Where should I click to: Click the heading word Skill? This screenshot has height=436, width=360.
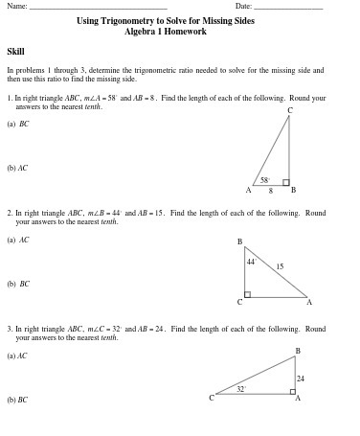click(15, 52)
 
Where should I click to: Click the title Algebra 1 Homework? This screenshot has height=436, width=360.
click(166, 32)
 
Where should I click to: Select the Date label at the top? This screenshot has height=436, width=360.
click(243, 7)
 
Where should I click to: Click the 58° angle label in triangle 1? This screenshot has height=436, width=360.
click(265, 179)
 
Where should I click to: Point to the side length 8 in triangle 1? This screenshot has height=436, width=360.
click(270, 190)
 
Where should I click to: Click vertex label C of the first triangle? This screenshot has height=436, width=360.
click(289, 111)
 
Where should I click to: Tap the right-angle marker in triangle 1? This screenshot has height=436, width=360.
click(285, 181)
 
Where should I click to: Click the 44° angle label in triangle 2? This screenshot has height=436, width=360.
click(251, 261)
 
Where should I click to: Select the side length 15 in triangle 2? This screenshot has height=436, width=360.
click(280, 266)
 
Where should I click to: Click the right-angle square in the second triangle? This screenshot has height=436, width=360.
click(248, 294)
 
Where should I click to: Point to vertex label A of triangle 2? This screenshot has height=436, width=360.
click(308, 302)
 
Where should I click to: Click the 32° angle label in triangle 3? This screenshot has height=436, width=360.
click(241, 388)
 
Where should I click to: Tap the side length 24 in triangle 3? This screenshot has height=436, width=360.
click(300, 379)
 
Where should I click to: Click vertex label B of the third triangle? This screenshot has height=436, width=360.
click(297, 351)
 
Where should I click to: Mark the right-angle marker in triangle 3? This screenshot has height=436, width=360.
click(292, 390)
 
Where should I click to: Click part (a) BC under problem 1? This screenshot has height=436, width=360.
click(18, 124)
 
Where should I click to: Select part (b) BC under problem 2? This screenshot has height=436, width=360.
click(18, 284)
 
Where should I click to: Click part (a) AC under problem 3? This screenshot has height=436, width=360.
click(17, 356)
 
